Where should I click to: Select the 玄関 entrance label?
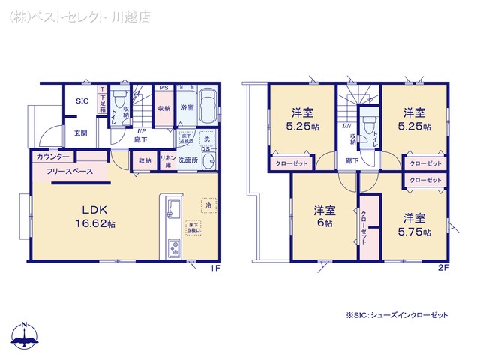80,133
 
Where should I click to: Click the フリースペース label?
69,172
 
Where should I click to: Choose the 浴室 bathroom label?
187,108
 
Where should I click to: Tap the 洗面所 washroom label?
199,160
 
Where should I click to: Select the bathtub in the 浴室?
208,103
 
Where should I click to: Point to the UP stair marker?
140,129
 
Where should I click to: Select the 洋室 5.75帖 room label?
415,224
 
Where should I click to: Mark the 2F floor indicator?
443,266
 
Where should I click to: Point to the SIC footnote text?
397,316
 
